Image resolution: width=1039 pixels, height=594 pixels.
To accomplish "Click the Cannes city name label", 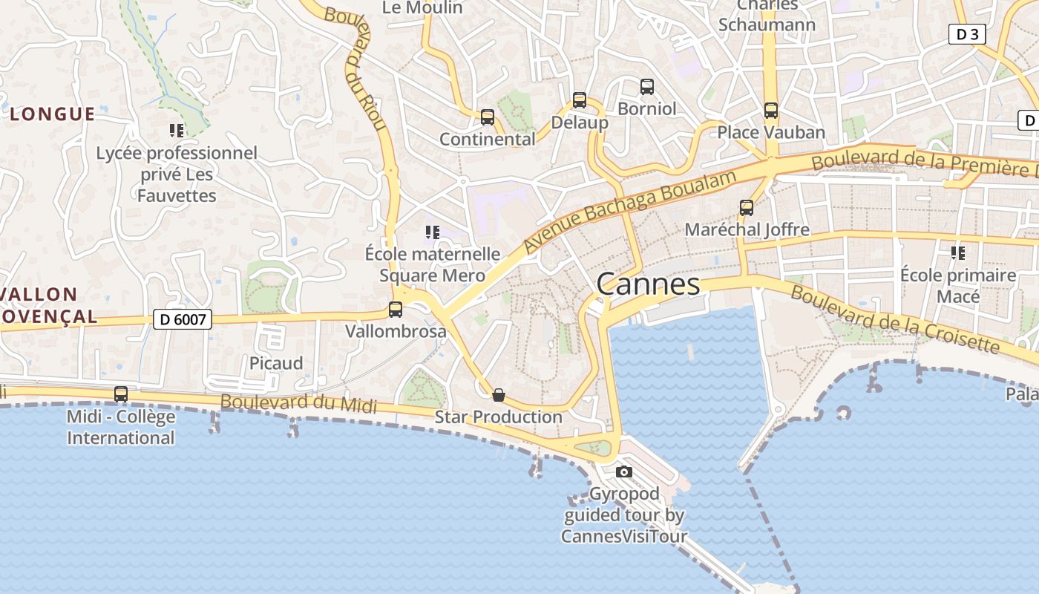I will [648, 284].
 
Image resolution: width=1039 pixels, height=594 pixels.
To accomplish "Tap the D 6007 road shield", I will [183, 319].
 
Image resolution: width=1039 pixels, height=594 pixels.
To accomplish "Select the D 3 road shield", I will [967, 33].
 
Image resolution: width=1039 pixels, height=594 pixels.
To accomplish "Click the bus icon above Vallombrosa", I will [396, 310].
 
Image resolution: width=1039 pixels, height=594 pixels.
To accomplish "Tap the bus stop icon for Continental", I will [488, 117].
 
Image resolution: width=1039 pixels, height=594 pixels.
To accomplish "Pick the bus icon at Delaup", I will [580, 100].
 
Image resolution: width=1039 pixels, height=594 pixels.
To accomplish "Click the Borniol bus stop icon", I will [647, 87].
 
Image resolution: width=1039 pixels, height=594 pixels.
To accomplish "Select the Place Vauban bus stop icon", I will [771, 111].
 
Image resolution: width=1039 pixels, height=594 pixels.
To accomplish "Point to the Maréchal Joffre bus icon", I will [747, 208].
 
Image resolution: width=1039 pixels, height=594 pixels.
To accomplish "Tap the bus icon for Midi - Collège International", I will [121, 394].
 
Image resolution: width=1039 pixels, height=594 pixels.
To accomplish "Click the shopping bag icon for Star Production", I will [499, 395].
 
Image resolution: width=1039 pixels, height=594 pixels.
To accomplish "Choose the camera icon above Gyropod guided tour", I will [624, 471].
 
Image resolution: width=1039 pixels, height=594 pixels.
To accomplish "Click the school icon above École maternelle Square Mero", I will [433, 232].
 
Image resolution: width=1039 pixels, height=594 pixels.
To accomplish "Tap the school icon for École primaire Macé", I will [958, 253].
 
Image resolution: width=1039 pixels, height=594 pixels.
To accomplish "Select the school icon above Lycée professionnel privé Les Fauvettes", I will [177, 131].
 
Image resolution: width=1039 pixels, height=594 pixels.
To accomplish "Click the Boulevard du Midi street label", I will [298, 403].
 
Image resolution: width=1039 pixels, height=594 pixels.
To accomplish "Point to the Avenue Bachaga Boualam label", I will [630, 210].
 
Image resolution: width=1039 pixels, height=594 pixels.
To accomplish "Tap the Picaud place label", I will [276, 363].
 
